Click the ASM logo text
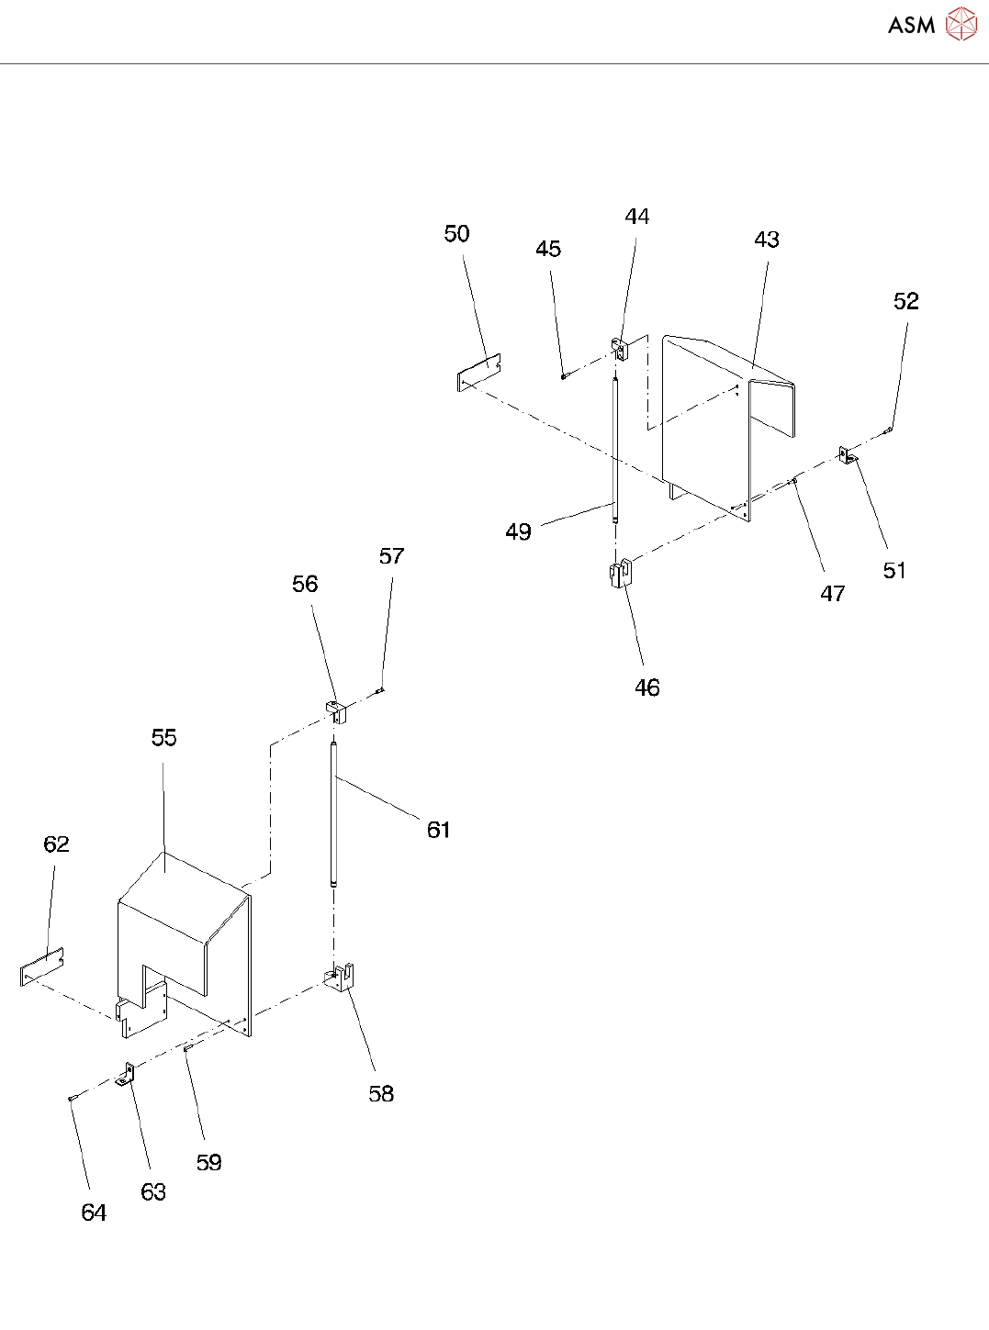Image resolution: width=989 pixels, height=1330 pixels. pos(911,26)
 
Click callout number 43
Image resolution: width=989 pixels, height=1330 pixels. pos(766,240)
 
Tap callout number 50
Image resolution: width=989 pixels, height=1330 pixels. pos(456,234)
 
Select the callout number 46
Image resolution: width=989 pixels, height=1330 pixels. pos(646,687)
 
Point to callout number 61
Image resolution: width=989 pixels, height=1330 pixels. pos(438,830)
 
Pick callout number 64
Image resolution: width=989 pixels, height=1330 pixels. pos(94,1213)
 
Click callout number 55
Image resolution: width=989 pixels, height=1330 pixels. pos(163,738)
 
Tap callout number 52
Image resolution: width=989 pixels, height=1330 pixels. pos(905,302)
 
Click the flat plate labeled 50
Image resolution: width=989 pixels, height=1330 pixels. pos(478,372)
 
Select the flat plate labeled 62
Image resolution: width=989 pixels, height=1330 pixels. pos(42,967)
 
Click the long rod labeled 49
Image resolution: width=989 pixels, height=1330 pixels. pos(615,450)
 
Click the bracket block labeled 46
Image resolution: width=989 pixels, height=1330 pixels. pos(620,573)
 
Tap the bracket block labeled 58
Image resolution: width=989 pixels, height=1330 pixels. pos(341,976)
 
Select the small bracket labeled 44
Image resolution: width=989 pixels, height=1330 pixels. pos(620,348)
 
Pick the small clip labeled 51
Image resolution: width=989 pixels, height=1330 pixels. pos(848,454)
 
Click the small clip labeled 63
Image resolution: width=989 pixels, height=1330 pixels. pos(127,1074)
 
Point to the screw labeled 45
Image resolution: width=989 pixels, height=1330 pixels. pos(564,375)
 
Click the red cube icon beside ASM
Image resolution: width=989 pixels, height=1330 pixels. pos(961,25)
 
